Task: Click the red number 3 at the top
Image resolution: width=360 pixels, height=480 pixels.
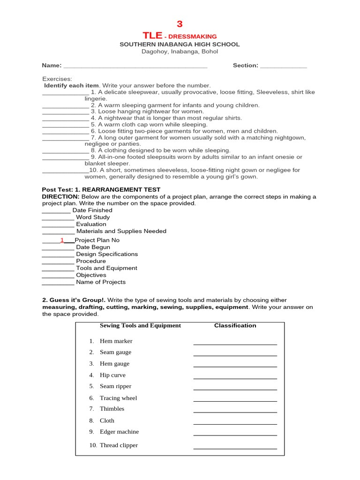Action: coord(180,24)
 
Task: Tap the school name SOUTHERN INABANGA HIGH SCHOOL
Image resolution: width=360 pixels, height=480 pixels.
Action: coord(180,45)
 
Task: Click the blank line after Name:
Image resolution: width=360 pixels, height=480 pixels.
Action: coord(135,66)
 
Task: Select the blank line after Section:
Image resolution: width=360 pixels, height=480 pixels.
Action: coord(283,66)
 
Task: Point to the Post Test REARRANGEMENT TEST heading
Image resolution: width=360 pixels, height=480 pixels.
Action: coord(101,190)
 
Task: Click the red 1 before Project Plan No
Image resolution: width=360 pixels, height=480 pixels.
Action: coord(62,240)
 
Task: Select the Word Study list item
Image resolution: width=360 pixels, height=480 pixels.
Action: coord(93,217)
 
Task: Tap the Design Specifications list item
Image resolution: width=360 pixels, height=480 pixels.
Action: coord(107,254)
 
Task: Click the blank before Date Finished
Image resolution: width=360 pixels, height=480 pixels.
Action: coord(56,211)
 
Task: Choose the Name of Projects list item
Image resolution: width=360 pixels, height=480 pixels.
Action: coord(101,282)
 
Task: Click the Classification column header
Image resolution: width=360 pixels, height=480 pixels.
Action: coord(235,325)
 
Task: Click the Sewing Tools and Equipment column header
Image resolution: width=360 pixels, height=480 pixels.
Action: coord(140,325)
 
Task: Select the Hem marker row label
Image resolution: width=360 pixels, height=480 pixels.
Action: coord(116,341)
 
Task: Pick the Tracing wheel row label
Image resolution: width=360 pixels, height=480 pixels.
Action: coord(118,398)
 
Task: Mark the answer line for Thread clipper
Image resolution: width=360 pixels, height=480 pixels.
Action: coord(235,448)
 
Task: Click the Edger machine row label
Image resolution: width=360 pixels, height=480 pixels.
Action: coord(119,432)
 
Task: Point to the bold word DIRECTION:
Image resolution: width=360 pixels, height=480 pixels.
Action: coord(60,196)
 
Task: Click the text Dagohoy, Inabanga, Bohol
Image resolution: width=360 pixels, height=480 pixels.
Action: coord(180,52)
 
